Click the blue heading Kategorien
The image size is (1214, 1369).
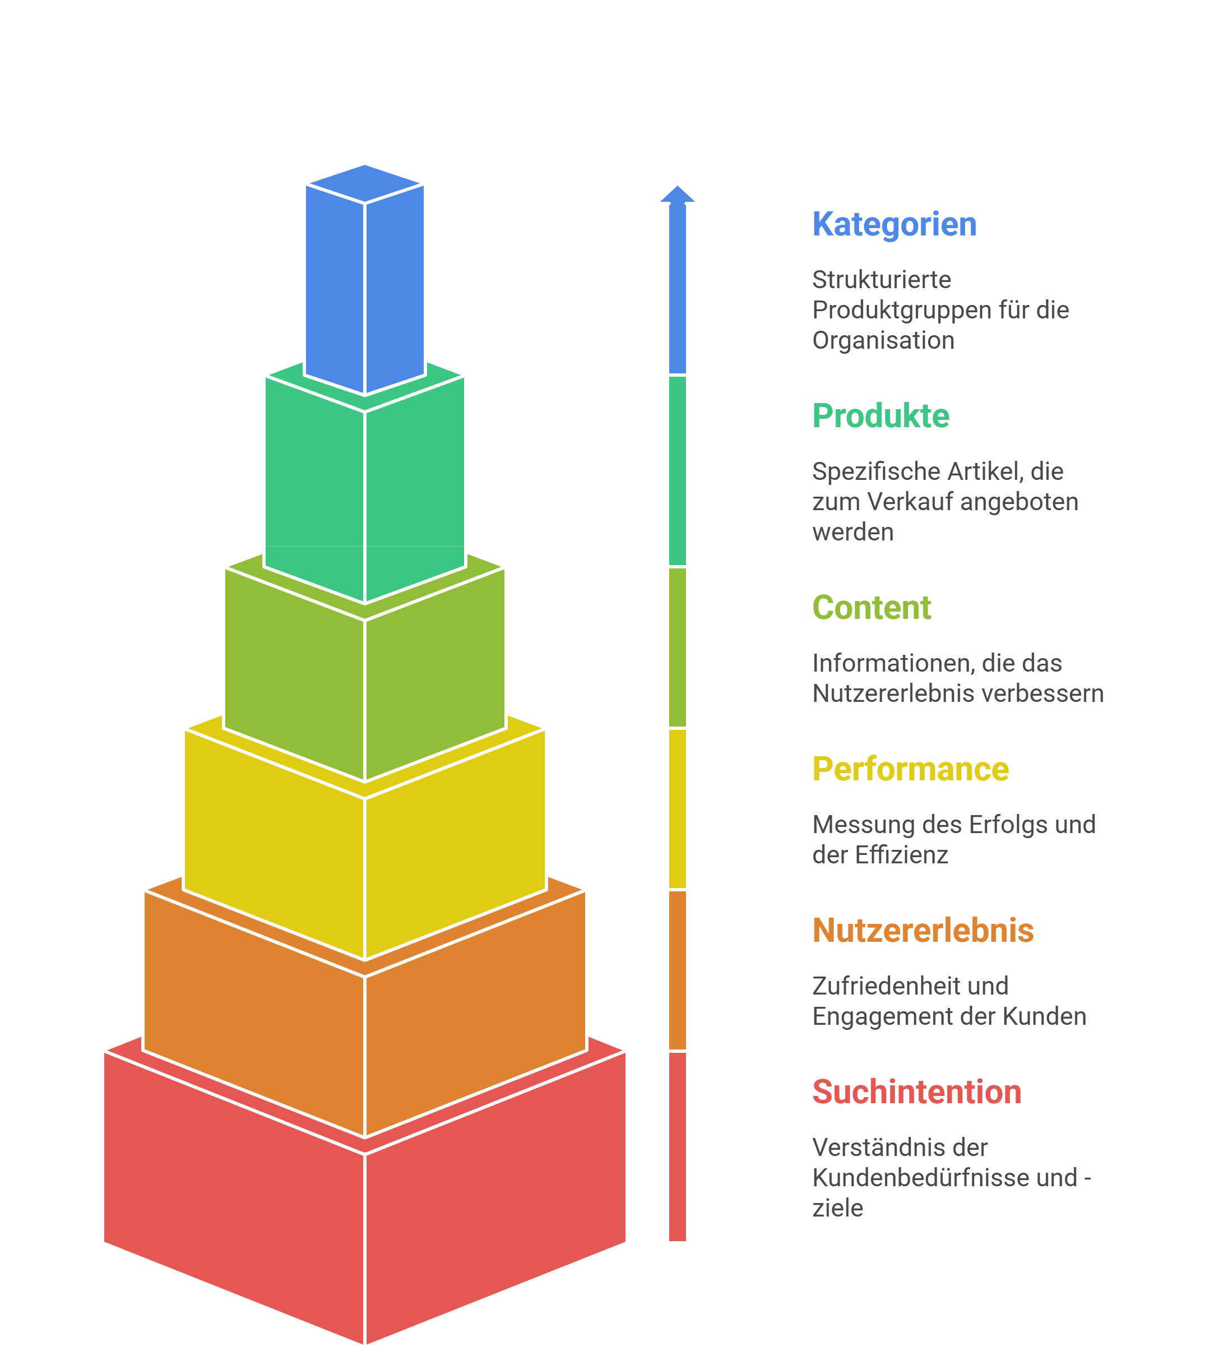[894, 224]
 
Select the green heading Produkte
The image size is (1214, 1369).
[881, 416]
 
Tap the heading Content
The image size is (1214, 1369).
[871, 608]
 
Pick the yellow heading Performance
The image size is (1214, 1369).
[910, 769]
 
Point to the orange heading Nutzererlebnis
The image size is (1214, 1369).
[923, 930]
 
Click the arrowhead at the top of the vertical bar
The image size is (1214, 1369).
[677, 194]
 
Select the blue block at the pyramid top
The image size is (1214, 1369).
[364, 281]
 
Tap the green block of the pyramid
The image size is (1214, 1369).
[364, 489]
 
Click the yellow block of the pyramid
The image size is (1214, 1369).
[364, 864]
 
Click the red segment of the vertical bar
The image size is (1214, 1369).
[677, 1145]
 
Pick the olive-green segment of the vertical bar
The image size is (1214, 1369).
[677, 647]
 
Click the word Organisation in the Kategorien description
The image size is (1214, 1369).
[883, 340]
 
